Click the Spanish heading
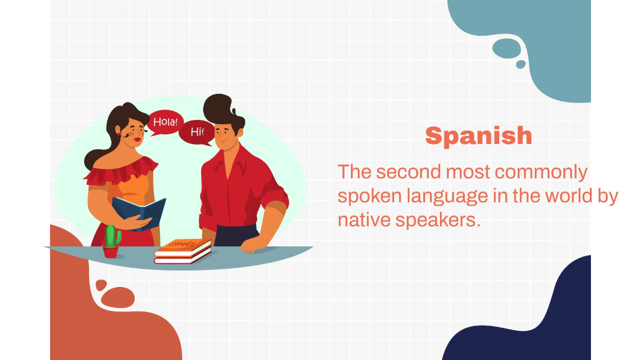click(478, 135)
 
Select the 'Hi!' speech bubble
click(197, 132)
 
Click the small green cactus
click(111, 236)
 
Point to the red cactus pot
click(111, 252)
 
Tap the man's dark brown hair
click(221, 110)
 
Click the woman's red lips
click(138, 140)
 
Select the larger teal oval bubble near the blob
click(506, 48)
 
